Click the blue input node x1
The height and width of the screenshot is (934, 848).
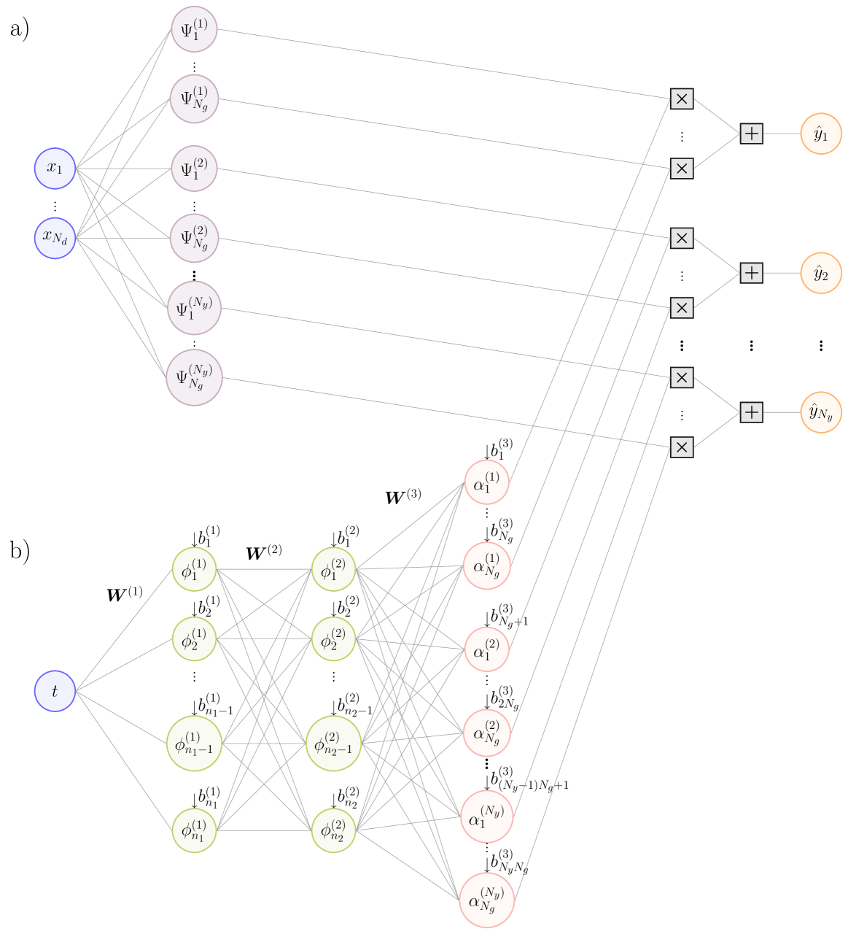tap(55, 168)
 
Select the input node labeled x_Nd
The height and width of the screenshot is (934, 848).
tap(55, 237)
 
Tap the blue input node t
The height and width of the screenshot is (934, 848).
tap(55, 690)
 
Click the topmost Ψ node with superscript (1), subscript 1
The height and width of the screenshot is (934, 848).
tap(194, 30)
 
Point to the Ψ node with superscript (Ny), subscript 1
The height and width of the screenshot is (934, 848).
tap(194, 307)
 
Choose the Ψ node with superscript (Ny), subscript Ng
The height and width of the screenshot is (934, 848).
tap(194, 377)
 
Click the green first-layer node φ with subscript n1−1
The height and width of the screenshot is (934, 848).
tap(194, 744)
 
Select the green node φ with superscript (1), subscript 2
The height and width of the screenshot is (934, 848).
tap(194, 638)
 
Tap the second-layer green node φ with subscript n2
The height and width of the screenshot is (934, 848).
tap(333, 830)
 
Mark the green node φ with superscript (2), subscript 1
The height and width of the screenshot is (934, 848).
tap(333, 569)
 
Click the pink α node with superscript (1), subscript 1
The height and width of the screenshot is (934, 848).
tap(486, 482)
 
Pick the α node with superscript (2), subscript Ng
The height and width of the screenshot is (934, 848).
tap(486, 733)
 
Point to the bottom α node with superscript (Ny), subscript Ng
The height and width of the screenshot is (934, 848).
tap(486, 900)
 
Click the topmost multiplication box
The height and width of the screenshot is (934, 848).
tap(681, 99)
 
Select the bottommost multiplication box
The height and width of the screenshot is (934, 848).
tap(681, 447)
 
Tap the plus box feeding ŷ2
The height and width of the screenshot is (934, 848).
tap(751, 273)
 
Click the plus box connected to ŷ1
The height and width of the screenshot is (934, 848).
tap(751, 134)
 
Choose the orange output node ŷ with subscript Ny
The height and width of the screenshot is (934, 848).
tap(821, 412)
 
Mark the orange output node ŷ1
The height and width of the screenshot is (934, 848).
tap(821, 134)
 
